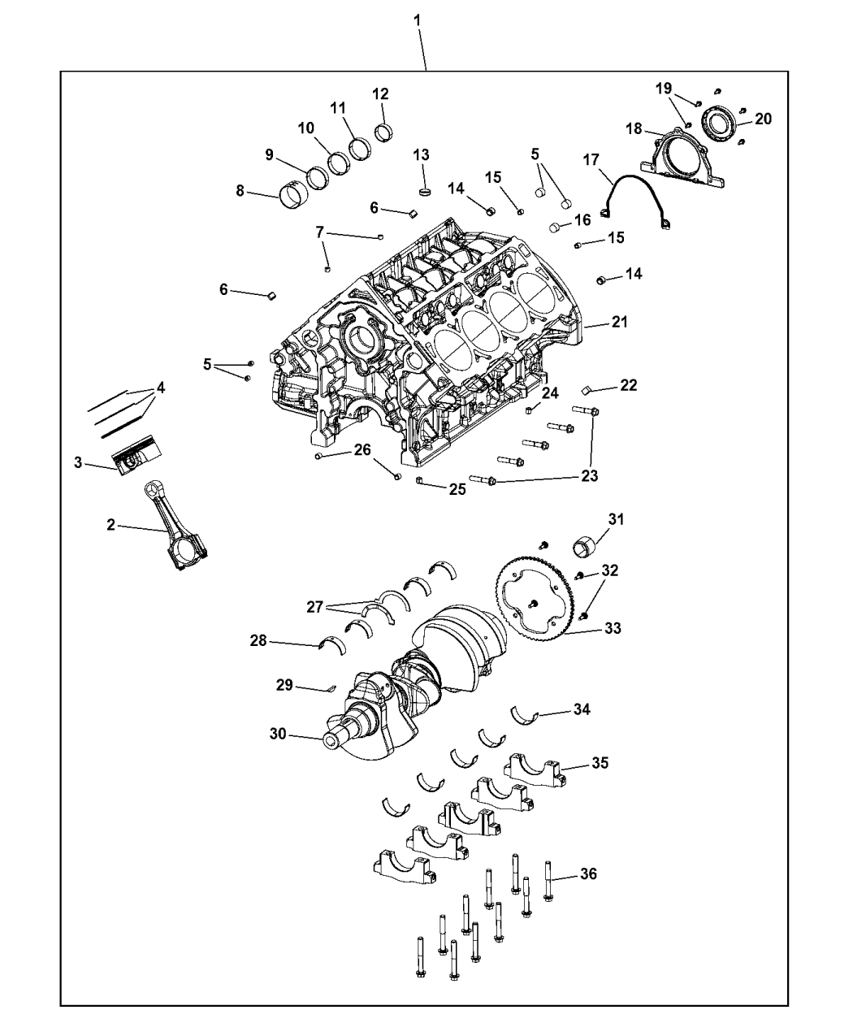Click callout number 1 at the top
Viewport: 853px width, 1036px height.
417,21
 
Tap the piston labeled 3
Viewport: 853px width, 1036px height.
137,456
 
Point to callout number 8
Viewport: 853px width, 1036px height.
240,190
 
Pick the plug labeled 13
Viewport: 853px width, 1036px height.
426,191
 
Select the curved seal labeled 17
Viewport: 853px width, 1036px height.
636,202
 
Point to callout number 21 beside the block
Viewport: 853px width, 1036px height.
620,322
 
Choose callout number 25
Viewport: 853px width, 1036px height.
457,489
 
